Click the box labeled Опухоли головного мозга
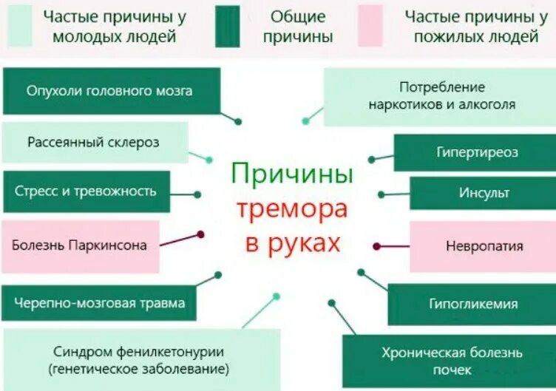[111, 91]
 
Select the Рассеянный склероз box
[94, 142]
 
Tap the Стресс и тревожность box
[86, 191]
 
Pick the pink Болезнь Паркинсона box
[80, 245]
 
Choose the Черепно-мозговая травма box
[98, 302]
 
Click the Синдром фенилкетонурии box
[139, 360]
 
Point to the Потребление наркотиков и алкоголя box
[441, 96]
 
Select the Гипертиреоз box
[476, 152]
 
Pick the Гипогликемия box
[472, 304]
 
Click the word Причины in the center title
[292, 176]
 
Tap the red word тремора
[291, 209]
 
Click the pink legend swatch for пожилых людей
[370, 26]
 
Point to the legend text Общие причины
[301, 26]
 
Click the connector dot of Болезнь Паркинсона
[200, 234]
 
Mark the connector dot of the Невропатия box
[376, 246]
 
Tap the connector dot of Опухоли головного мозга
[238, 121]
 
